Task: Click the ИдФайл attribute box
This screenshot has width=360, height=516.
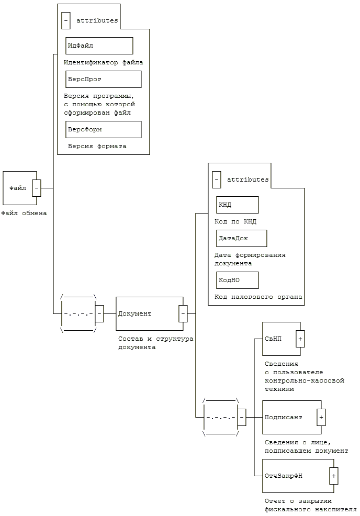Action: [x=99, y=46]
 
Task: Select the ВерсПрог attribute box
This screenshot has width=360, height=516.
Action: [x=103, y=80]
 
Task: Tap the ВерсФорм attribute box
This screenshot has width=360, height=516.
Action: [x=103, y=129]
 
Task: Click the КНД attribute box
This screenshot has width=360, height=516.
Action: [x=237, y=205]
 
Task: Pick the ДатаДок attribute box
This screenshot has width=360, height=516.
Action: [x=242, y=238]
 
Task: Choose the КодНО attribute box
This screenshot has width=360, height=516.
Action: [x=237, y=280]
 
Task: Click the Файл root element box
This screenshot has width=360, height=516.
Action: [x=19, y=188]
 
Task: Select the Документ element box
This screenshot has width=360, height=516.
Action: [x=150, y=313]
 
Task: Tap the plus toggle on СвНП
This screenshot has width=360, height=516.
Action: [x=300, y=339]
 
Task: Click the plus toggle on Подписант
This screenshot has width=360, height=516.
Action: [x=321, y=417]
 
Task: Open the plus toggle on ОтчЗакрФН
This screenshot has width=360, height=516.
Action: [x=334, y=476]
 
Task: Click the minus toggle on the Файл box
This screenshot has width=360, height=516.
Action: [x=37, y=188]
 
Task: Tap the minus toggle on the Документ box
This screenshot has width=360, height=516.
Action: [x=183, y=313]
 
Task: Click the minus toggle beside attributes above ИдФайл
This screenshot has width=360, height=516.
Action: [x=66, y=20]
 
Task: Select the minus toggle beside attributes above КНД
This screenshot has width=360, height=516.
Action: [x=217, y=180]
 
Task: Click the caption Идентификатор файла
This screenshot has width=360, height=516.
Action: [x=103, y=62]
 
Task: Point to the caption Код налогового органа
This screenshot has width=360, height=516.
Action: [x=258, y=297]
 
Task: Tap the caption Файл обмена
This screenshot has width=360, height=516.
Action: [x=24, y=213]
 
